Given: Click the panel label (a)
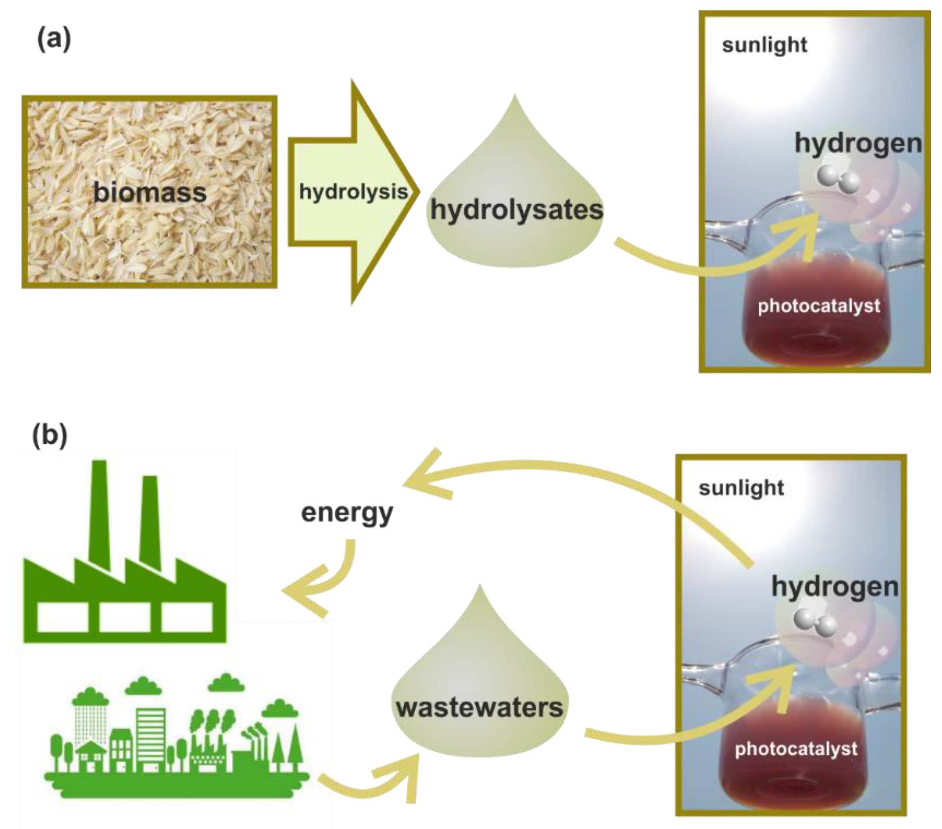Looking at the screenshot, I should pos(54,39).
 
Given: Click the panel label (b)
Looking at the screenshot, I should pos(50,435).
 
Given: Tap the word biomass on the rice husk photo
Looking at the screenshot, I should pos(150,192).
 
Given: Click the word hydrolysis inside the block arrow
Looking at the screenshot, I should pos(353,191).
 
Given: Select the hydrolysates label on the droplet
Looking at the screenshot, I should pos(516,210).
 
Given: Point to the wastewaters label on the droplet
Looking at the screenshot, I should pos(479,708).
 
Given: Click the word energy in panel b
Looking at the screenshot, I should pos(347,513).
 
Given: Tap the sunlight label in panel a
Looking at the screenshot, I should pos(764,45).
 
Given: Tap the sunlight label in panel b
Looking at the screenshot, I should pos(741,488).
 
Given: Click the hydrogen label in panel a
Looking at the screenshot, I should pos(858,143).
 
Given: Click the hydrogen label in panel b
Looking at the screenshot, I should pos(835,586).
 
